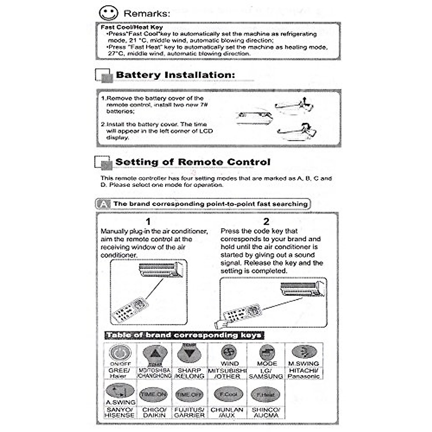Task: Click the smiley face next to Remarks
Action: click(108, 13)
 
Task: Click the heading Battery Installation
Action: click(175, 75)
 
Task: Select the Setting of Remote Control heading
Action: click(193, 162)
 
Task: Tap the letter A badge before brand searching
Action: click(104, 204)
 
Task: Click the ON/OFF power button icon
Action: click(120, 352)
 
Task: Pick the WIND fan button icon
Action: click(229, 352)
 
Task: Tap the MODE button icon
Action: click(267, 352)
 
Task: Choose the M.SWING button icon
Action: click(304, 352)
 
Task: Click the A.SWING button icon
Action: click(120, 391)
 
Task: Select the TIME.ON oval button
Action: click(154, 395)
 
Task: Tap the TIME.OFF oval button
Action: click(189, 395)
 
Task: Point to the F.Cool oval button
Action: click(229, 395)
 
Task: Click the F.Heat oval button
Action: click(266, 395)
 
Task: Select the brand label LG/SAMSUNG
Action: click(266, 373)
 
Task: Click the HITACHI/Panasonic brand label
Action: click(304, 373)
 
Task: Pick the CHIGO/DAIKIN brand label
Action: click(154, 413)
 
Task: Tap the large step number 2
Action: click(266, 221)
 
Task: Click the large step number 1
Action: click(148, 221)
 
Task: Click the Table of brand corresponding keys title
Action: click(184, 335)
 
